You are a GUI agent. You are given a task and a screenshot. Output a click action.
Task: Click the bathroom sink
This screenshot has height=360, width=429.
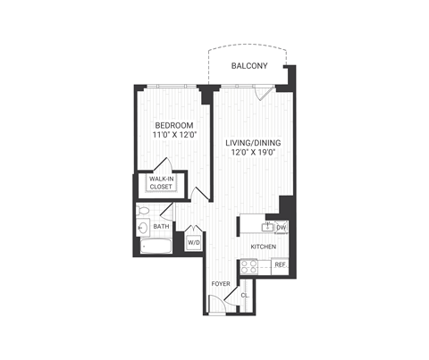pos(144,229)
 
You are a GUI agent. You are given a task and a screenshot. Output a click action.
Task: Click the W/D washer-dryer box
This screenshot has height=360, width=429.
pos(193,242)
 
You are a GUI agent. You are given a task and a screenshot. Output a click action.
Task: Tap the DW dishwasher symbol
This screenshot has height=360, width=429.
pos(280,228)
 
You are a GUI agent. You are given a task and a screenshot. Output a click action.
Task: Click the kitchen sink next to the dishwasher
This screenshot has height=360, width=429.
pos(265,227)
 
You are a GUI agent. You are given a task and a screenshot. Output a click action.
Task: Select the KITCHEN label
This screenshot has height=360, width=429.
pos(263,246)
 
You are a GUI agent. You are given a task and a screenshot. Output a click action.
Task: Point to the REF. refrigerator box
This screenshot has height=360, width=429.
pos(280,265)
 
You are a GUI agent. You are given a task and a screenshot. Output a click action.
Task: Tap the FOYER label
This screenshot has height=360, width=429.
pos(221,284)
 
